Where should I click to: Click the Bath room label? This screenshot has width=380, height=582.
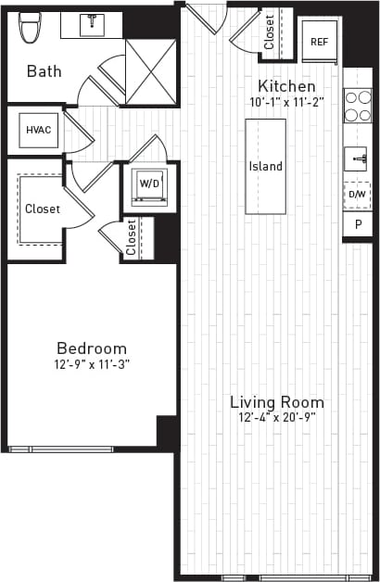tap(44, 70)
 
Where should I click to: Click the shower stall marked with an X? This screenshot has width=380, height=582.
tap(150, 71)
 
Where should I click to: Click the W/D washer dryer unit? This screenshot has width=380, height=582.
tap(148, 183)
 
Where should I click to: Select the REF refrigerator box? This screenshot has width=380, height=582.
tap(319, 42)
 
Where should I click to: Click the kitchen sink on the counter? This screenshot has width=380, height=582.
tap(358, 159)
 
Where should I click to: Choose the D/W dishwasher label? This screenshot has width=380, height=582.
tap(357, 196)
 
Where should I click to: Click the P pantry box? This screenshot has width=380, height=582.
tap(357, 225)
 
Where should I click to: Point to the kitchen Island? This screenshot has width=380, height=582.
tap(265, 167)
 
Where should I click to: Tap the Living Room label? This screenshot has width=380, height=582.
tap(277, 402)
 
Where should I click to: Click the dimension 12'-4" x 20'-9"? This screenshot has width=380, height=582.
tap(277, 418)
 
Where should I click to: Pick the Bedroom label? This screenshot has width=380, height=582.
tap(91, 348)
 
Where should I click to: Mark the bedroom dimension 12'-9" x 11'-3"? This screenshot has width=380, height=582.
tap(91, 364)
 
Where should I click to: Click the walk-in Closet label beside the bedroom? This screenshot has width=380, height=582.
tap(43, 209)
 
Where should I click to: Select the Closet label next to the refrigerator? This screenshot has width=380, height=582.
tap(269, 32)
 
